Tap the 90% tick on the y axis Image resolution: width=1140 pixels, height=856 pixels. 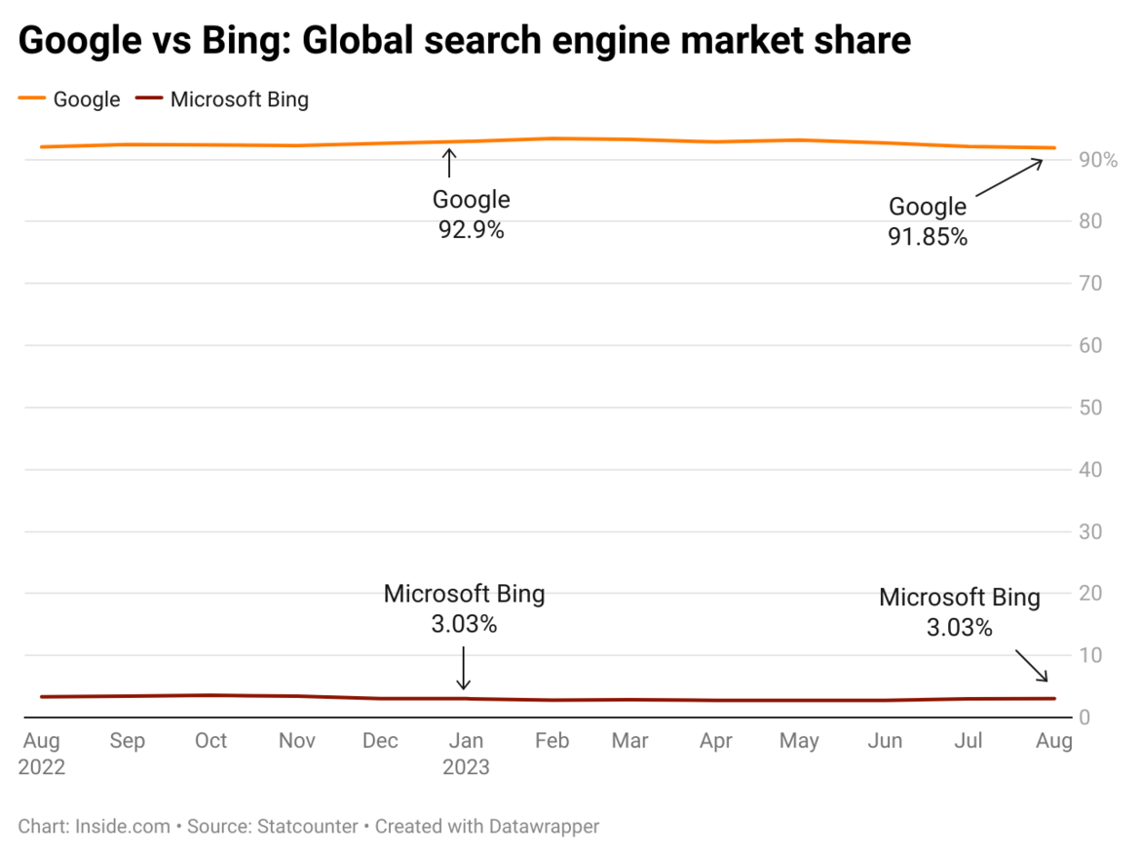tap(1097, 160)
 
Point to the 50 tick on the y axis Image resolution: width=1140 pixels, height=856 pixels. tap(1090, 408)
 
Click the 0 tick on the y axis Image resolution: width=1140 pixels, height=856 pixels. tap(1083, 718)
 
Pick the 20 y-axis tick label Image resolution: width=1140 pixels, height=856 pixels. tap(1090, 594)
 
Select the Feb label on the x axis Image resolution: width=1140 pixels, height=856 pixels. tap(551, 741)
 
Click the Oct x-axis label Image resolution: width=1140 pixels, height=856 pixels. tap(210, 741)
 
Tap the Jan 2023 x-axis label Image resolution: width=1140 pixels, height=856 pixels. tap(466, 754)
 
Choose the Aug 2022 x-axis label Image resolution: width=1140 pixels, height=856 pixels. tap(42, 754)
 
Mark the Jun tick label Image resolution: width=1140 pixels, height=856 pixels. tap(885, 741)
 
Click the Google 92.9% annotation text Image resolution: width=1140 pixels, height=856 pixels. tap(472, 215)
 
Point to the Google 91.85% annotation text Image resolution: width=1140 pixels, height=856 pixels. tap(928, 221)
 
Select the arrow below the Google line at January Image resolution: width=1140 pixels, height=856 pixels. tap(449, 163)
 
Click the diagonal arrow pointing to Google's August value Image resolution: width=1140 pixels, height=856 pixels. tap(1009, 179)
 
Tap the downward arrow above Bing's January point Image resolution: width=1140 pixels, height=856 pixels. tap(464, 667)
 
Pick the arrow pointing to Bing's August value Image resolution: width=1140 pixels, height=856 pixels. tap(1032, 666)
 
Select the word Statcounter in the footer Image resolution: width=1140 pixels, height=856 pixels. tap(308, 827)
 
